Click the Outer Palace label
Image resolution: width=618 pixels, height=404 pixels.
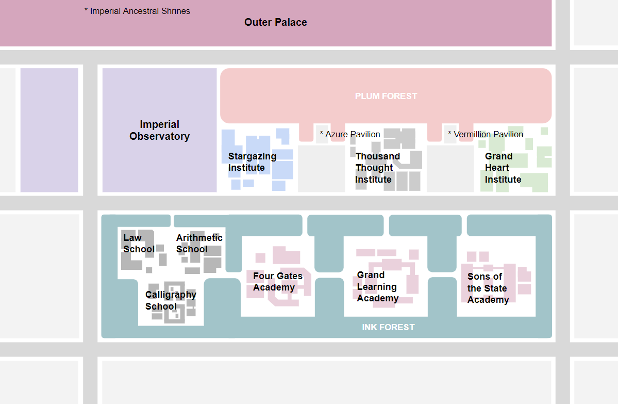point(275,22)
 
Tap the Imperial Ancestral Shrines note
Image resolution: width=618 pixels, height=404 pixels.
point(137,11)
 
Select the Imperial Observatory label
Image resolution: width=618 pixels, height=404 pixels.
point(159,130)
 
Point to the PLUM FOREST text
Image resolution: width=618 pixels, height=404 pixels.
point(386,96)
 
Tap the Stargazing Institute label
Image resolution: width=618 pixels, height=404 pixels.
point(252,162)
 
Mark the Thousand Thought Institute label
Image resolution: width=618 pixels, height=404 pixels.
point(377,168)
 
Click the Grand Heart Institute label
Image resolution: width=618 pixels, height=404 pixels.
point(503,168)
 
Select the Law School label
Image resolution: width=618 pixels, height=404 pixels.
point(139,244)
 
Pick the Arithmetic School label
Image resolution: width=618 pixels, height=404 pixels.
point(199,244)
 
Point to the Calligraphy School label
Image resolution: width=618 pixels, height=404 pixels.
point(170,300)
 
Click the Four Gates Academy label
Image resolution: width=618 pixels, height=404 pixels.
point(277,282)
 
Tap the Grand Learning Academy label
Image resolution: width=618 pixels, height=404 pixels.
point(377,286)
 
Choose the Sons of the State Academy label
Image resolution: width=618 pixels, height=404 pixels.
point(488,288)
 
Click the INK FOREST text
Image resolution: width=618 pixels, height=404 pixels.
point(388,327)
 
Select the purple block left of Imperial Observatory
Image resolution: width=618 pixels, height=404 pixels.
point(49,130)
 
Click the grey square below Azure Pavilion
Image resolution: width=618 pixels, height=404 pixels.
point(321,169)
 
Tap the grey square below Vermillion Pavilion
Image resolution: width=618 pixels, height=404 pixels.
point(450,169)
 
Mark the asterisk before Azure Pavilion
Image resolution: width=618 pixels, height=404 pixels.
point(322,134)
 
